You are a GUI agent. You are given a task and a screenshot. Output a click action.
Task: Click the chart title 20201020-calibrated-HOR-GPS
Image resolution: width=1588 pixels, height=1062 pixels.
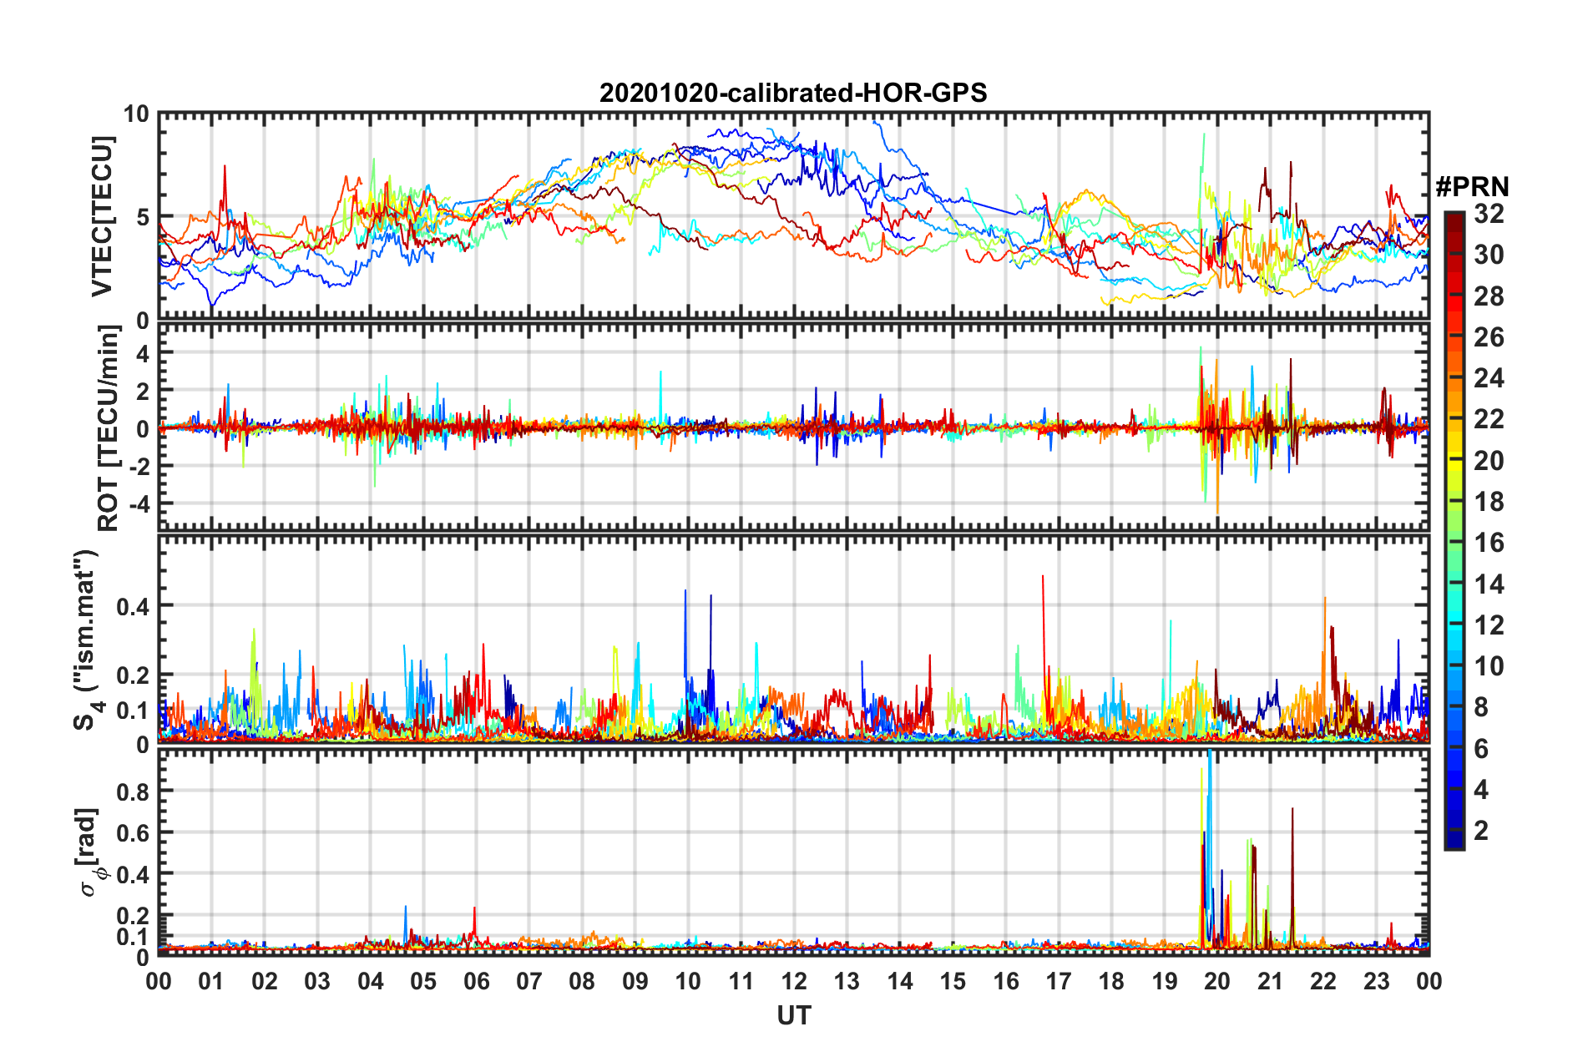[793, 93]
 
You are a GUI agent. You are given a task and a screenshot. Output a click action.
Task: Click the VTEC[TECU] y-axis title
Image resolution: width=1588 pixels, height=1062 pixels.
[102, 217]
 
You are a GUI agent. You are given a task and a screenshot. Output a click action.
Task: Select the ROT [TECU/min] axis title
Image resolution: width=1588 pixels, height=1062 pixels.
[109, 428]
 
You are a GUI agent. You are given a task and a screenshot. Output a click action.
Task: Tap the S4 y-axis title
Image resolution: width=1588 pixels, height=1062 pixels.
[86, 640]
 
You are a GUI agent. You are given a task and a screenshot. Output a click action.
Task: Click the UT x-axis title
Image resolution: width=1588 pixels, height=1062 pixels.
[793, 1015]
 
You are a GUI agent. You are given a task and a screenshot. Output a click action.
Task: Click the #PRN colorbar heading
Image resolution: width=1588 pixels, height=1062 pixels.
[1472, 186]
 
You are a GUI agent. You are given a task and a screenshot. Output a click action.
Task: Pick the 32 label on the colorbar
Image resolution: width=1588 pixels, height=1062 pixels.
[1488, 214]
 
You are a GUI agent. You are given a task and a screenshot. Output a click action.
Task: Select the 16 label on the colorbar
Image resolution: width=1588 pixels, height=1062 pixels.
[1488, 543]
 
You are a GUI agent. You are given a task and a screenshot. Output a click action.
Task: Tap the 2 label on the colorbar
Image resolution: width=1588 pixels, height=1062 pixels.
[1481, 831]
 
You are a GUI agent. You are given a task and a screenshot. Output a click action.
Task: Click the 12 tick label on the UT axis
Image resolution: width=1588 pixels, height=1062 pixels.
[793, 981]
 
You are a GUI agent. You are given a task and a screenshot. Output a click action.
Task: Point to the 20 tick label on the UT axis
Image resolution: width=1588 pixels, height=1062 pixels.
[1217, 981]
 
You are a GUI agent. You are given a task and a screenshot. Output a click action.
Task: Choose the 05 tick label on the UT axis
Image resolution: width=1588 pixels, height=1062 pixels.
[423, 981]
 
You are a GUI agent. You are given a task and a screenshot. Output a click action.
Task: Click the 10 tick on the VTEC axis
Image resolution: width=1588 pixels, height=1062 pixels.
[136, 114]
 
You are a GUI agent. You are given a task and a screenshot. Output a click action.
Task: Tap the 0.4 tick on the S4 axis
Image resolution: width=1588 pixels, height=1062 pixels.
[133, 606]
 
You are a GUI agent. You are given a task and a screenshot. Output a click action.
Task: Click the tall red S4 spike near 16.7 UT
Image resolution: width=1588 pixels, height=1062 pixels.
[1043, 578]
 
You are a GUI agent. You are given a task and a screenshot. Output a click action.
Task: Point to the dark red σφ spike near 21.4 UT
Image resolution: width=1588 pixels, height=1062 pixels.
[1292, 810]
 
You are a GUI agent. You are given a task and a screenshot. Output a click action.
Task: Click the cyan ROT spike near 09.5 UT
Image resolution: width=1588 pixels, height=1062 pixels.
[660, 373]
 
